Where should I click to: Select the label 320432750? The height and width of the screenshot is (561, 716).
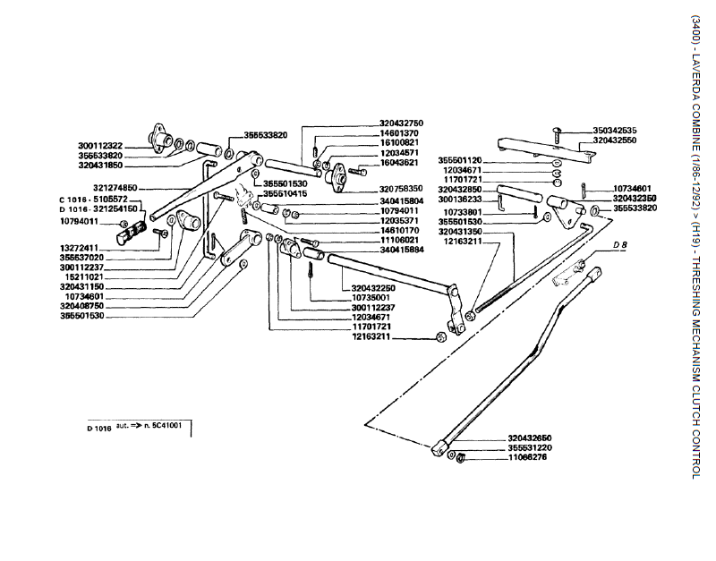click(401, 122)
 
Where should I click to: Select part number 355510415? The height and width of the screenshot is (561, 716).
click(286, 194)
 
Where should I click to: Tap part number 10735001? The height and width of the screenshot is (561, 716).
click(371, 297)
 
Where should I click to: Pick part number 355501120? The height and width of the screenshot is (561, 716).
click(460, 160)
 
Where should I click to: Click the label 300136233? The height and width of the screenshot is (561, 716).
click(460, 200)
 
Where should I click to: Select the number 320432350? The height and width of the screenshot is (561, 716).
click(635, 199)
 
